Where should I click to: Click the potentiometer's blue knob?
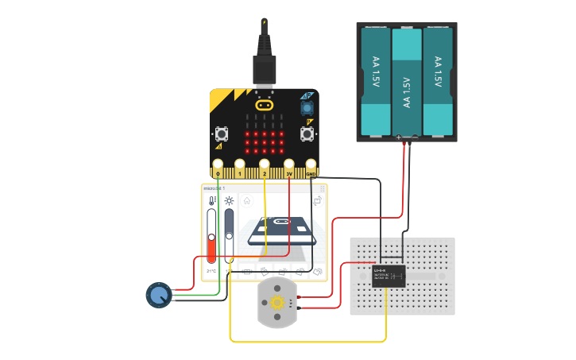tap(159, 296)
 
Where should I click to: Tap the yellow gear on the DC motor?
tap(277, 302)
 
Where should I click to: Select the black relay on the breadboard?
tap(389, 275)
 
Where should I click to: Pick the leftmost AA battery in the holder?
tap(377, 81)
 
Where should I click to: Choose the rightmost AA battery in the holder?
tap(437, 81)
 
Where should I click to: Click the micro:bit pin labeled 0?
tap(218, 172)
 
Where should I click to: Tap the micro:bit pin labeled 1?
tap(240, 172)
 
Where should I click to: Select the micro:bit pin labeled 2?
tap(265, 172)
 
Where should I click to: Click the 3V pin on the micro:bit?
tap(289, 172)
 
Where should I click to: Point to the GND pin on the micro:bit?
tap(311, 172)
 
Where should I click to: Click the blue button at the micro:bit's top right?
tap(307, 106)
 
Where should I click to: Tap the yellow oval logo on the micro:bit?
tap(265, 104)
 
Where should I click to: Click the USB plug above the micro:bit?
tap(264, 70)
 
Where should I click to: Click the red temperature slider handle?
tap(211, 237)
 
